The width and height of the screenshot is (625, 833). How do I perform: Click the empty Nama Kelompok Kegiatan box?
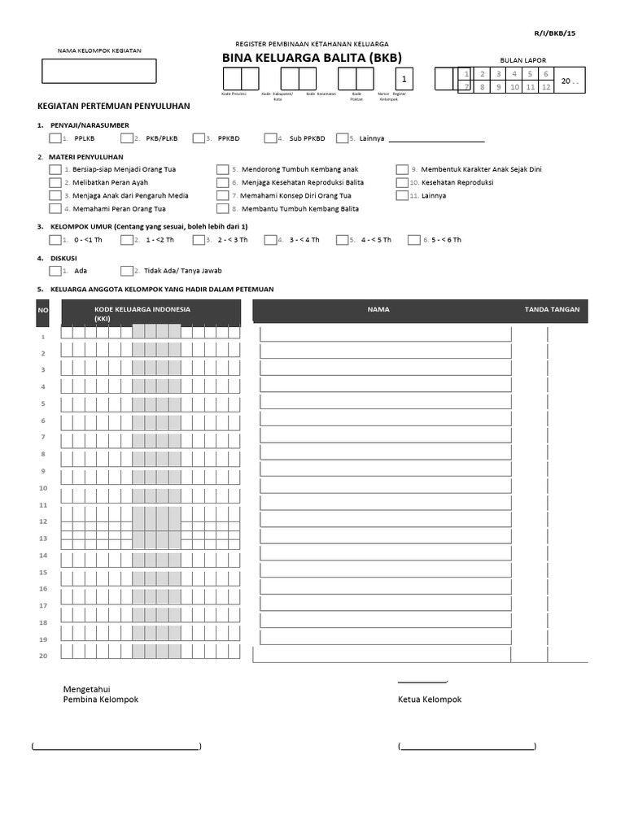pos(98,71)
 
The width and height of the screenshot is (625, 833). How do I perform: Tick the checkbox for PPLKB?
pos(55,138)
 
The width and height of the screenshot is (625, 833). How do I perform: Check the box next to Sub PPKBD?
pos(271,138)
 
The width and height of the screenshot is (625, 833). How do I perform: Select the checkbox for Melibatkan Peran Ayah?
pos(55,182)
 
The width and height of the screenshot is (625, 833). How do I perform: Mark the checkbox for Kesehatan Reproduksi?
pos(402,182)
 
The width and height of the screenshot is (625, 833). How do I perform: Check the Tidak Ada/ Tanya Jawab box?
pos(126,271)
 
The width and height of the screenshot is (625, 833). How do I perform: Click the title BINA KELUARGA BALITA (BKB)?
pos(312,58)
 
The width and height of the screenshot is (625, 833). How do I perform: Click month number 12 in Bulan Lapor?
pos(546,86)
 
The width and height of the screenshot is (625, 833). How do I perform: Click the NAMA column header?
pos(378,309)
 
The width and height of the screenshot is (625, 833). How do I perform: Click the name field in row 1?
pos(385,334)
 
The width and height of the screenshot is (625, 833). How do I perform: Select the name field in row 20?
pos(385,655)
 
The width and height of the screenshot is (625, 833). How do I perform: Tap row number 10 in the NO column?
pos(43,488)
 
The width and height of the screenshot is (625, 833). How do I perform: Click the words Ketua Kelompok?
pos(429,700)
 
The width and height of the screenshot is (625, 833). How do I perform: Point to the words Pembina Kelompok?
pos(101,700)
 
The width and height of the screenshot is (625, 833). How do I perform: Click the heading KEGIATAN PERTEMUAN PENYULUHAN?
pos(114,106)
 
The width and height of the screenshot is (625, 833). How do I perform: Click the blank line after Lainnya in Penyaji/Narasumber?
pos(436,139)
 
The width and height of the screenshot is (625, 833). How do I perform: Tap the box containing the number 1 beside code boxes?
pos(403,79)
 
